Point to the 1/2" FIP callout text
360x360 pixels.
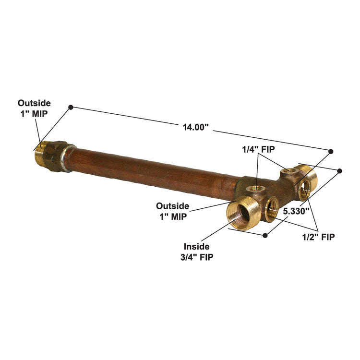pyautogui.click(x=319, y=236)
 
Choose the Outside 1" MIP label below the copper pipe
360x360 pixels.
pyautogui.click(x=172, y=211)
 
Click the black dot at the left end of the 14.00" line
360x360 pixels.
pyautogui.click(x=71, y=107)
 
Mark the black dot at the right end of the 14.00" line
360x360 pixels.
pyautogui.click(x=331, y=151)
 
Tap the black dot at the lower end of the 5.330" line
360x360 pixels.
pyautogui.click(x=265, y=235)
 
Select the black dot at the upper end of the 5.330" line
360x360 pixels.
pyautogui.click(x=340, y=170)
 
